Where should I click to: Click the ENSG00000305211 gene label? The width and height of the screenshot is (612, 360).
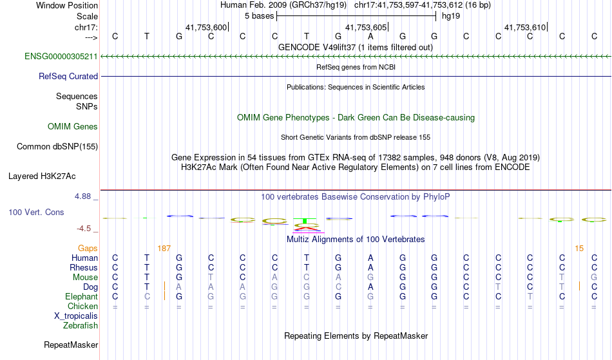(x=61, y=57)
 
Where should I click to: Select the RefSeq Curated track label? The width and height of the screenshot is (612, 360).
(x=68, y=76)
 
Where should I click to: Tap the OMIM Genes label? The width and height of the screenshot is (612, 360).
(x=73, y=126)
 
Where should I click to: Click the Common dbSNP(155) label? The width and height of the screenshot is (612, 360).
(x=57, y=146)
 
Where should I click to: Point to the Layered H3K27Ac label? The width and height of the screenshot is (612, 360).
(x=42, y=176)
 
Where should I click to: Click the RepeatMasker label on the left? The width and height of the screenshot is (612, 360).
(x=71, y=345)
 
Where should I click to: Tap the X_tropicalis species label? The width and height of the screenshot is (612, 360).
(x=76, y=316)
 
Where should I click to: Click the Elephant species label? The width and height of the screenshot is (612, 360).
(x=81, y=297)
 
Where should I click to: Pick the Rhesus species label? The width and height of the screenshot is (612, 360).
(x=84, y=268)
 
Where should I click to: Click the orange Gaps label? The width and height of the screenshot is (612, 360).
(x=88, y=248)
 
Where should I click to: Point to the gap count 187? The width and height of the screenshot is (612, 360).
(x=164, y=248)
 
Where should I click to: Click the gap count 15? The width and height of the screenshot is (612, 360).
(x=579, y=248)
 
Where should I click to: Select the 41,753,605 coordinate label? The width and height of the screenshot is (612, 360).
(x=367, y=27)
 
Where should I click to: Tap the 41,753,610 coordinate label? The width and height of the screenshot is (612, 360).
(x=526, y=27)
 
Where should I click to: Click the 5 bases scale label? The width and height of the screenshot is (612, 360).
(x=259, y=15)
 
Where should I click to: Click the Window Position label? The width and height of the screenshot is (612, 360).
(x=67, y=5)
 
